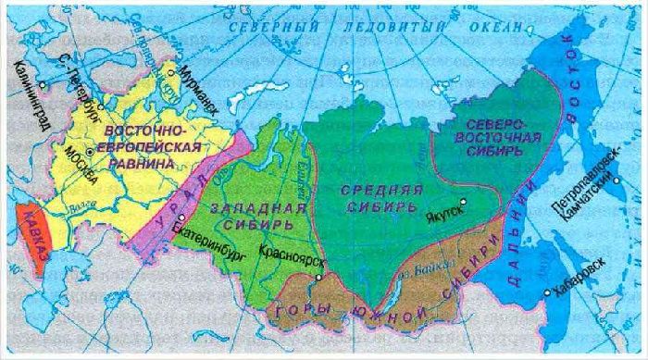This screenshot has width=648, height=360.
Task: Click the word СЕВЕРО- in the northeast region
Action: [497, 125]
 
